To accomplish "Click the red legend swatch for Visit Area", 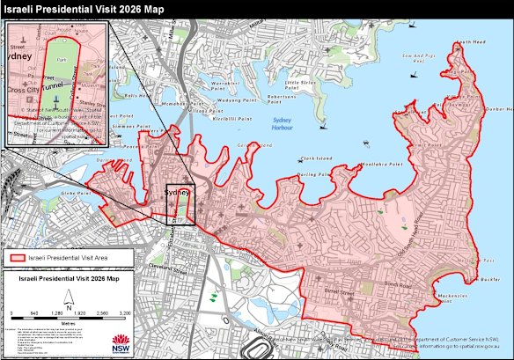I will [x=16, y=259].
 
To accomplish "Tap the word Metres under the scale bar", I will [x=67, y=321].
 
